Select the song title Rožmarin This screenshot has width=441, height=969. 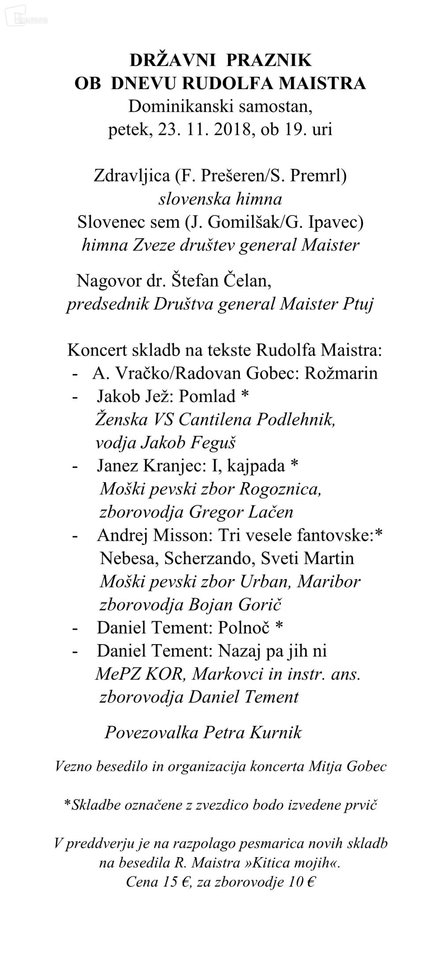[x=341, y=373]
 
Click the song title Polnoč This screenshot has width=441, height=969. [x=244, y=627]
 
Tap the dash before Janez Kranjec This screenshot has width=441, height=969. [x=75, y=465]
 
